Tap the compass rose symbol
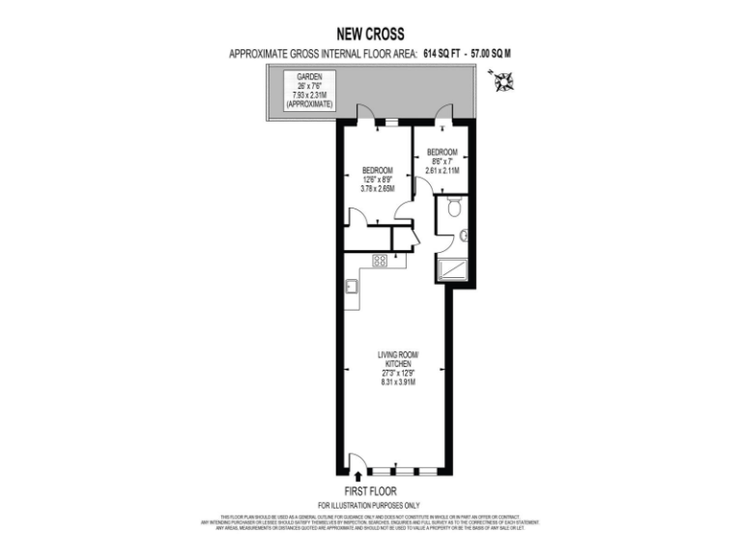[502, 84]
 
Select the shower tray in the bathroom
[452, 268]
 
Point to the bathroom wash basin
[464, 235]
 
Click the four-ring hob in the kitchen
[381, 260]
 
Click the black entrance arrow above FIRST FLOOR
[359, 475]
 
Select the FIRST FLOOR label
[370, 490]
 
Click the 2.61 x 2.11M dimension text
[442, 171]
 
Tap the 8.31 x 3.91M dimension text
[397, 382]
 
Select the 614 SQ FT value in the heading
[443, 55]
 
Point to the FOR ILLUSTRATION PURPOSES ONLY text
[370, 506]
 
